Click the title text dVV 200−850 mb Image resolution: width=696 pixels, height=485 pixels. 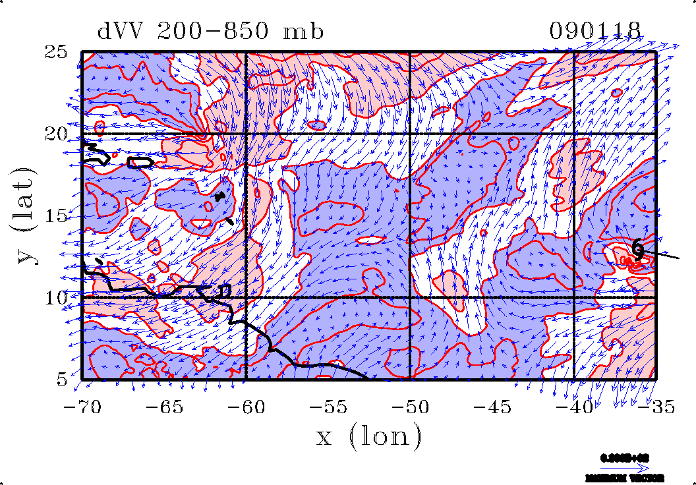[x=210, y=31]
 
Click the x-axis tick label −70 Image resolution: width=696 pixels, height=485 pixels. [x=82, y=407]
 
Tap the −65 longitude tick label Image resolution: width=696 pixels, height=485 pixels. [x=163, y=407]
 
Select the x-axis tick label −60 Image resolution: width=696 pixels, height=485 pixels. [x=245, y=407]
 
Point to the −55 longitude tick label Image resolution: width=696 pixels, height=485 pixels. [x=328, y=407]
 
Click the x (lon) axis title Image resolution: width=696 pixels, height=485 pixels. [x=368, y=436]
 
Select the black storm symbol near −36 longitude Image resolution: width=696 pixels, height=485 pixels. [x=638, y=248]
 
